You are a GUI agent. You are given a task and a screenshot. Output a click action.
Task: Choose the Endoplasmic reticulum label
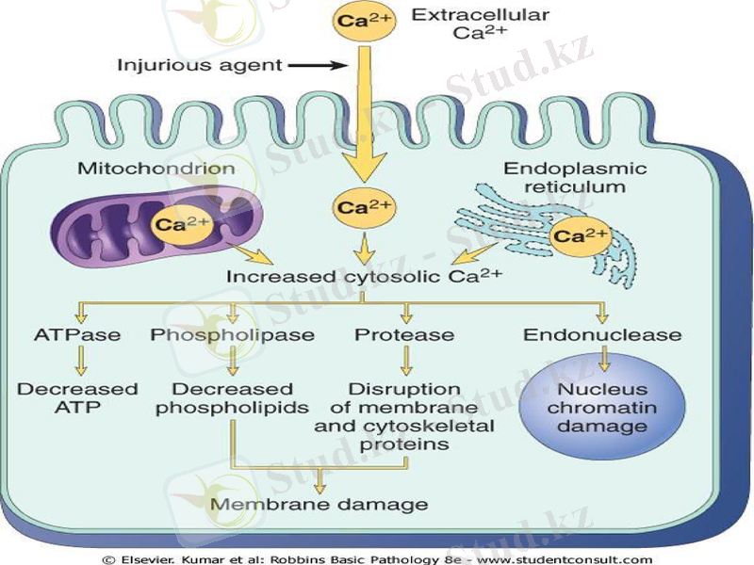[589, 177]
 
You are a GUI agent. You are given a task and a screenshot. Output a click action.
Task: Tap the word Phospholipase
[231, 334]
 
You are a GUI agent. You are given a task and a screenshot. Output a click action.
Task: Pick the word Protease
[404, 334]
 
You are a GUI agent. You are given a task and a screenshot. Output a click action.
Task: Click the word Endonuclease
[602, 334]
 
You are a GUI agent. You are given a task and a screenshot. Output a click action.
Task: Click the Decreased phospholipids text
[232, 398]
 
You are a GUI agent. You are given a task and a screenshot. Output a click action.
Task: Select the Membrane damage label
[319, 504]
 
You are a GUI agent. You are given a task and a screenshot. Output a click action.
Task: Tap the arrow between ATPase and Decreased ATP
[81, 360]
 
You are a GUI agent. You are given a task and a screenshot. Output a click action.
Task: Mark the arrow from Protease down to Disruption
[406, 360]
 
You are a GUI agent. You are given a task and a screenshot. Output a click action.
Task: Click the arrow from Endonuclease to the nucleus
[603, 358]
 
